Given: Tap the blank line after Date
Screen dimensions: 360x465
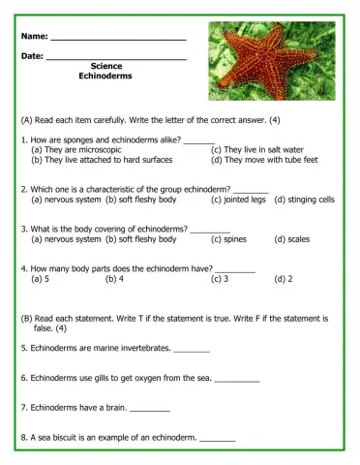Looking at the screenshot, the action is coord(115,58).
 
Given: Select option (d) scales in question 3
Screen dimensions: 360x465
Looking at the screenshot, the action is coord(291,238).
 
